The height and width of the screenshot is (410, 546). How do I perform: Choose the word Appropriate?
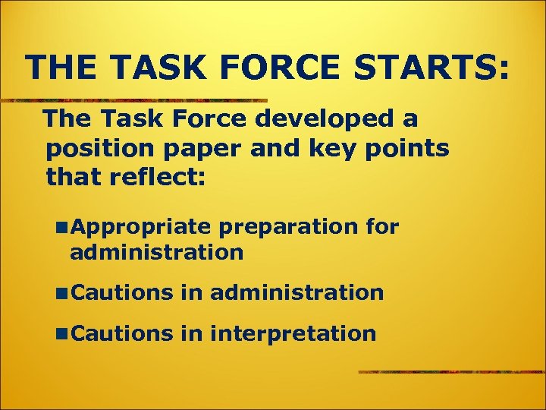click(x=142, y=227)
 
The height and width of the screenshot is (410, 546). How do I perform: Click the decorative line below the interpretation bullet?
click(x=452, y=372)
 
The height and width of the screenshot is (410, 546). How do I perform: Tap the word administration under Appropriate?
click(x=156, y=252)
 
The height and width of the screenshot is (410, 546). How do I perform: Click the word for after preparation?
click(x=382, y=226)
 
